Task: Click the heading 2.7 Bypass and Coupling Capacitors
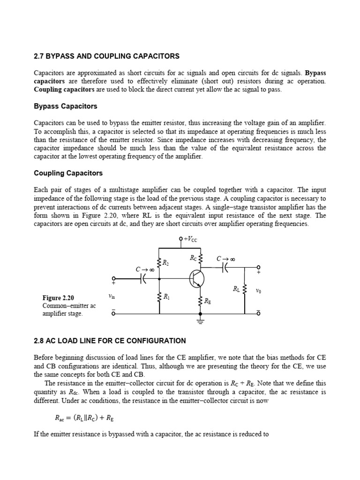coord(106,56)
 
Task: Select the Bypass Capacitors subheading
coord(66,106)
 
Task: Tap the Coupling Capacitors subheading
coord(68,173)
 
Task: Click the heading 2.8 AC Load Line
coord(110,341)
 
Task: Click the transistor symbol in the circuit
coord(197,278)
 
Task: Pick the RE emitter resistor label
coord(207,301)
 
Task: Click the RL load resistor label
coord(236,289)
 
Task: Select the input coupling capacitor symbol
coord(143,278)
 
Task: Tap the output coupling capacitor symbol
coord(225,267)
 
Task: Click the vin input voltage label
coord(112,296)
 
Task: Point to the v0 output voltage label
coord(258,291)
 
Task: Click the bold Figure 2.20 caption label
coord(59,298)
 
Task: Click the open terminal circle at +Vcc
coord(181,240)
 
